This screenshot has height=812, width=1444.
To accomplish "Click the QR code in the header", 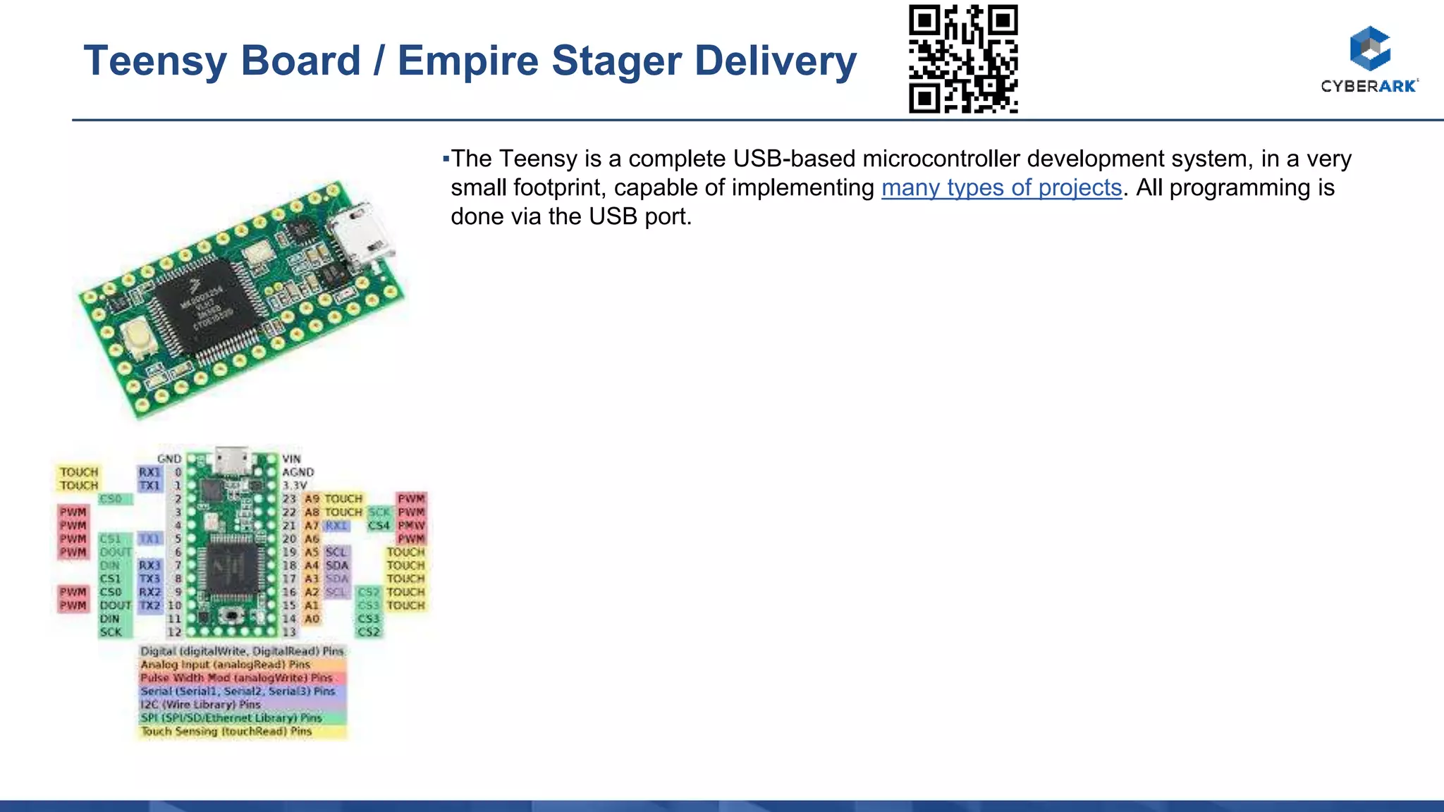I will pos(963,59).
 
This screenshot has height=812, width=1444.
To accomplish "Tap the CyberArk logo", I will pos(1369,59).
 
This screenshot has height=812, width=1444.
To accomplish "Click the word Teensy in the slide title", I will pos(151,61).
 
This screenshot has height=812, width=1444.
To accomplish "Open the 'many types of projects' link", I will pos(1001,187).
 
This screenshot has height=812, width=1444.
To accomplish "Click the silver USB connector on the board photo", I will pos(361,235).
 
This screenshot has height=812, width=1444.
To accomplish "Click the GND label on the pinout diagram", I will pos(169,459).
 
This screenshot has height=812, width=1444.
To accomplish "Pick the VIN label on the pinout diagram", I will pos(291,459).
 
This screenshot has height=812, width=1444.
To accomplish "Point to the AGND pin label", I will pos(298,472).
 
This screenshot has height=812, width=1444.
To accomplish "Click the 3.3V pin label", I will pos(295,486).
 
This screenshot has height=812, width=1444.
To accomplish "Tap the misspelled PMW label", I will pos(411,525).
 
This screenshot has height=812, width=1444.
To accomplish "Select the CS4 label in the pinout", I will pos(379,525).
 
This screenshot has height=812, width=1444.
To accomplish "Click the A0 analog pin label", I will pos(312,619).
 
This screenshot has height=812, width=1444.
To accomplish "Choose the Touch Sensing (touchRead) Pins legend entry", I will pos(226,732).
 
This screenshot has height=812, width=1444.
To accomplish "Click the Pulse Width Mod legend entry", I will pos(236,678).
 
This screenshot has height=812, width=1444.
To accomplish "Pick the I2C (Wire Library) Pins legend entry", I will pos(201,705).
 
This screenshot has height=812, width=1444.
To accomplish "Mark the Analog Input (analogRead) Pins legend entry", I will pos(226,665).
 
